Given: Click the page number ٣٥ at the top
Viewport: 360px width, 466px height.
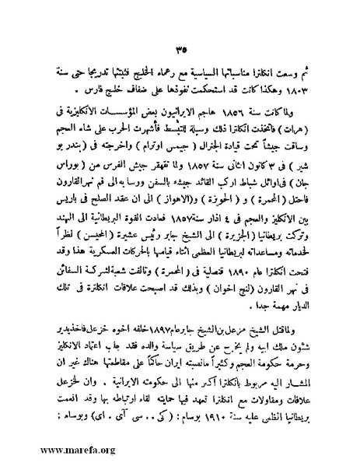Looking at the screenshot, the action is click(180, 30).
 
